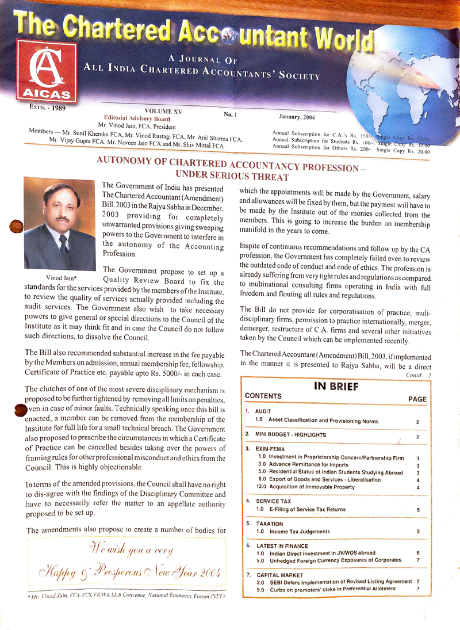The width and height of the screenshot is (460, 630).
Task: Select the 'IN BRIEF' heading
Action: (337, 386)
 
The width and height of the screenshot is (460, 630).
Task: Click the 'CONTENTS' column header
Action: (263, 396)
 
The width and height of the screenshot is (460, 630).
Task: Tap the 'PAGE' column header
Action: (417, 399)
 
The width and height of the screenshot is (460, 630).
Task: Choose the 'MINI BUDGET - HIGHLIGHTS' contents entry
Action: (291, 434)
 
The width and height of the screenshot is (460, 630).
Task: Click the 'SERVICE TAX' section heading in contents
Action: (274, 501)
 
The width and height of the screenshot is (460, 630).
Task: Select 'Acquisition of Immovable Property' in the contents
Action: (305, 487)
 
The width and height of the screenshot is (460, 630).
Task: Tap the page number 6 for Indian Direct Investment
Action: (418, 552)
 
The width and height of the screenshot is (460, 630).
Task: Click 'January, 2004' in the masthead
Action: (298, 117)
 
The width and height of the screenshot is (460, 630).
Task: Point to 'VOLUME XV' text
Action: (164, 111)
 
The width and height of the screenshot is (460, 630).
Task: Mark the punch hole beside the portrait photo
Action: (17, 227)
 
